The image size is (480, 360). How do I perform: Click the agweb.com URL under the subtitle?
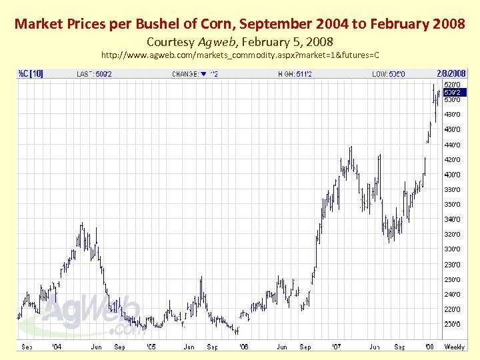[240, 54]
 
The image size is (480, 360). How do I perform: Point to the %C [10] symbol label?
[31, 73]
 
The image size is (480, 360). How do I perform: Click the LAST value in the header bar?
[104, 74]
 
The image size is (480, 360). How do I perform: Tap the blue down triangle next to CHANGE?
[203, 74]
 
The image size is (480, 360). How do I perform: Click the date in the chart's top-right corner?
[455, 73]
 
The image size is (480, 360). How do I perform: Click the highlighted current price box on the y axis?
[453, 92]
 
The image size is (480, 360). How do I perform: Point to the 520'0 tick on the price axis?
[452, 85]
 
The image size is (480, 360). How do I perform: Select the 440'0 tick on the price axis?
[452, 145]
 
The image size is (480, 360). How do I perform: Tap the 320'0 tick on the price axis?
[452, 234]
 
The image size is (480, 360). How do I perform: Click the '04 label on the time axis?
[57, 347]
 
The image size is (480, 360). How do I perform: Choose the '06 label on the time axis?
[243, 347]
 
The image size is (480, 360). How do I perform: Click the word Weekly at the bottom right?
[455, 347]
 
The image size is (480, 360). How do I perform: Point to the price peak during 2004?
[81, 225]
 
